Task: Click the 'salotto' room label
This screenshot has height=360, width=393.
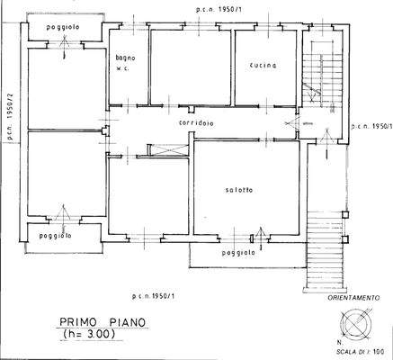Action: click(x=238, y=189)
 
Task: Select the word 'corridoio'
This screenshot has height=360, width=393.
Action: click(x=195, y=122)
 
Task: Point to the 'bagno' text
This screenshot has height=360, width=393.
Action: click(x=124, y=58)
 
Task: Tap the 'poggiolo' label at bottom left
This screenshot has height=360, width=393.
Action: click(x=54, y=235)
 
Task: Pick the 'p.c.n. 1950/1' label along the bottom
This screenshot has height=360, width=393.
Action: click(x=157, y=297)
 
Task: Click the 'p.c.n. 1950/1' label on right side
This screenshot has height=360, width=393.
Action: click(x=371, y=127)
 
